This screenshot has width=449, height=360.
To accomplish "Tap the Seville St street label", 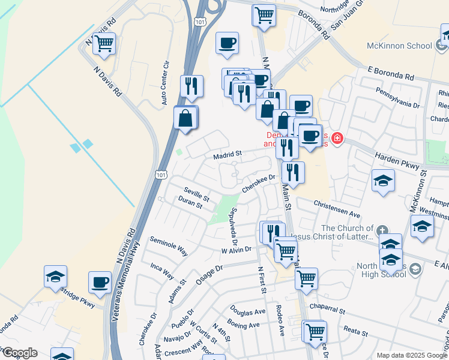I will click(x=196, y=193).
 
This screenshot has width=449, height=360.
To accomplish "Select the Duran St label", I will click(x=190, y=205).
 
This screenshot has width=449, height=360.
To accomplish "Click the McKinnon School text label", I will click(x=400, y=46).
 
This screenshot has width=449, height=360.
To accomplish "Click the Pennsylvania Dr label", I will click(x=397, y=97).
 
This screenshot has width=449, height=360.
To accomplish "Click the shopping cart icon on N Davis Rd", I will click(x=104, y=44).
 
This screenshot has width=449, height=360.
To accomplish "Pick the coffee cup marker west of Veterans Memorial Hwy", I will click(x=100, y=282).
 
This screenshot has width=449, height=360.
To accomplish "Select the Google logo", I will click(x=19, y=353).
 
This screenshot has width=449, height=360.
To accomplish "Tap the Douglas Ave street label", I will click(x=247, y=312).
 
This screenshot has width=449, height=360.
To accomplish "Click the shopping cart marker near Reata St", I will click(x=315, y=331).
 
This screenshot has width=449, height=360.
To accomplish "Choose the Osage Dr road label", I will click(x=209, y=270).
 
